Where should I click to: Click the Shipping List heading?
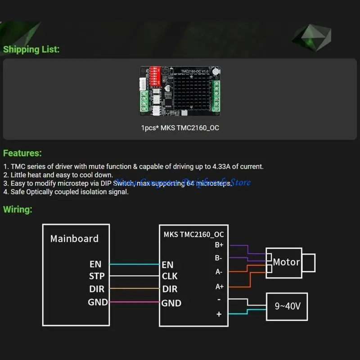31,49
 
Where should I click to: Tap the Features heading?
22,153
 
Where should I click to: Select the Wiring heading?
18,209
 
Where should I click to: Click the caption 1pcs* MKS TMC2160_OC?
180,128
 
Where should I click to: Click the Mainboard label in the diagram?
74,238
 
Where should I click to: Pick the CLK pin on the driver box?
170,276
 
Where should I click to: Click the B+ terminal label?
219,245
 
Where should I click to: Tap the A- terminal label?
219,272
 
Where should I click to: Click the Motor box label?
286,262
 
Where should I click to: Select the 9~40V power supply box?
287,306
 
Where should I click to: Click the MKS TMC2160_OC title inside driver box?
193,234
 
